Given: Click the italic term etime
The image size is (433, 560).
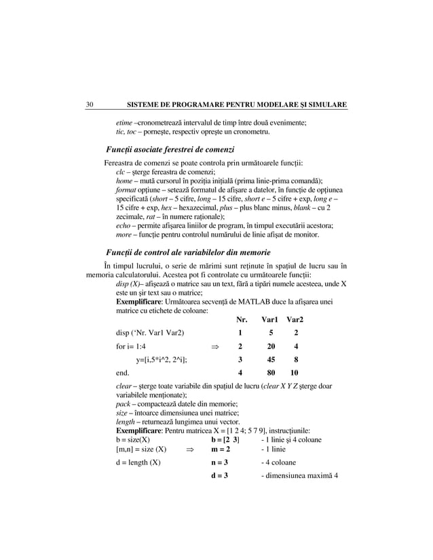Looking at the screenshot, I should (124, 122).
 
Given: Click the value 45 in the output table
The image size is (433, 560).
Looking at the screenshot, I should (271, 359).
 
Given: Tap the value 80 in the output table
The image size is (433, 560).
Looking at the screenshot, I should (271, 373).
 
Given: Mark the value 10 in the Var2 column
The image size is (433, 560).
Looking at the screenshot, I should (295, 373).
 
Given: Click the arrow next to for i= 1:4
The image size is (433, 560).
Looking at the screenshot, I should (216, 346).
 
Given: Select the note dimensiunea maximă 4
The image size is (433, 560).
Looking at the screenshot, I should (299, 475).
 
